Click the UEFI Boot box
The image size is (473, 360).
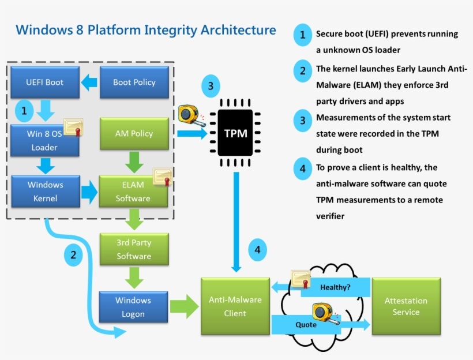(45, 82)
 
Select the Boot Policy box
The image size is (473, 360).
(134, 82)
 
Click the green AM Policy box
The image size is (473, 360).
(134, 133)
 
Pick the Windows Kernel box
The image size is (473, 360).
(45, 192)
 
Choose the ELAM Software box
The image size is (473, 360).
(133, 192)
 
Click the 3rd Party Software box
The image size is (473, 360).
(134, 249)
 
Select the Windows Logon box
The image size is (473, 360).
(133, 307)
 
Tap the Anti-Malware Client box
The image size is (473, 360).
(235, 306)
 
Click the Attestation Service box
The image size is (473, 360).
(406, 306)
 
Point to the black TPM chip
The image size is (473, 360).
(235, 133)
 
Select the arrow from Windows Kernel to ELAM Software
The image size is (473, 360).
(89, 192)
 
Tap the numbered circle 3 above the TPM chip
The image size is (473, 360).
(211, 87)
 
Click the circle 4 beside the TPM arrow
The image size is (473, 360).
(258, 250)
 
